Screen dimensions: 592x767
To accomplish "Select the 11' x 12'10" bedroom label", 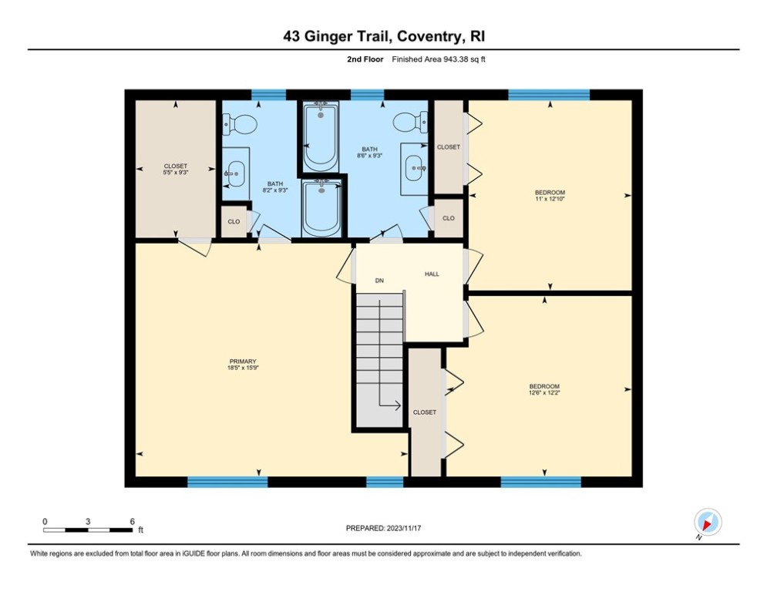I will [x=550, y=195].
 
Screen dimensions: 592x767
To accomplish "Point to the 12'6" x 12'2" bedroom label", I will [x=543, y=389].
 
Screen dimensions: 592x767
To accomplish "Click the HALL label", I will [x=432, y=274].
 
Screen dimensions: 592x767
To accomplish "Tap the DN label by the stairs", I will [x=379, y=281].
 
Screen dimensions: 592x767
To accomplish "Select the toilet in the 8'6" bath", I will [x=409, y=122].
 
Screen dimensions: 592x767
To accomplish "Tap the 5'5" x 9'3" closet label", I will [x=176, y=169].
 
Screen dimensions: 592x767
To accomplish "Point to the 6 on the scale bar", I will [x=132, y=521].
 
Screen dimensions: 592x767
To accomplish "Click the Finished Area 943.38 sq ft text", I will [x=439, y=59].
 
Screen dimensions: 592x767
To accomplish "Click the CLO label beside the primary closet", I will [x=234, y=221].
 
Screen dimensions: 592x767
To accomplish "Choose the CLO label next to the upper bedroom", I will [x=448, y=218].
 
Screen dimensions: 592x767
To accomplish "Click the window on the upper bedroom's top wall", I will [x=548, y=95].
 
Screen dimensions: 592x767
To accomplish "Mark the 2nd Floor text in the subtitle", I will [x=366, y=59].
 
